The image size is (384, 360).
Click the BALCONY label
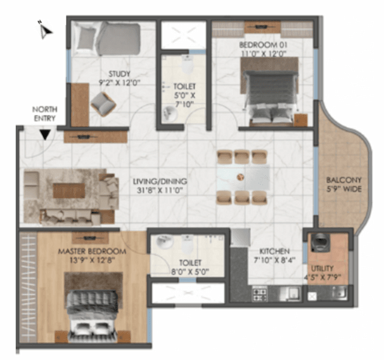point(344,180)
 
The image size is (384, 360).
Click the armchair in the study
point(103,106)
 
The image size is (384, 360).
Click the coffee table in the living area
point(67,190)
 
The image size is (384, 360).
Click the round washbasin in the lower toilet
point(163,244)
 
